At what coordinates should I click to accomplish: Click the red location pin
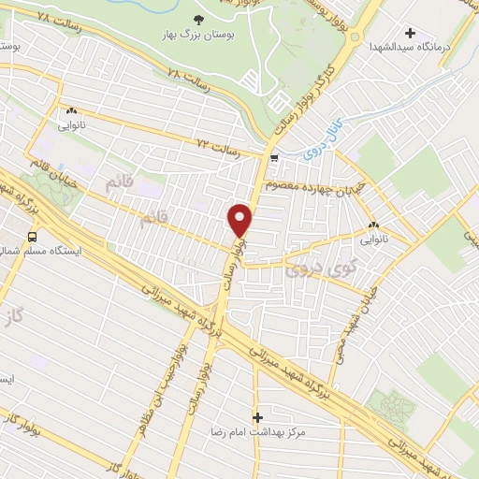240,221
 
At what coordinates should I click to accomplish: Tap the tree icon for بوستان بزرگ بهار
198,19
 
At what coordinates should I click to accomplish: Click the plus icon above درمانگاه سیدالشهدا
410,34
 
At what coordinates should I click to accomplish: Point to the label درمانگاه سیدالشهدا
410,46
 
